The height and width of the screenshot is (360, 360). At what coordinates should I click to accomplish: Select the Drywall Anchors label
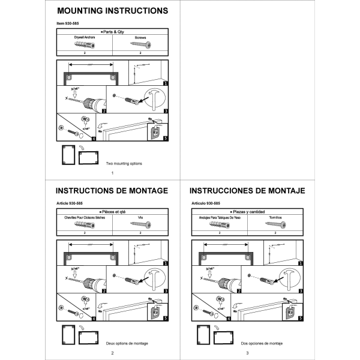coord(85,37)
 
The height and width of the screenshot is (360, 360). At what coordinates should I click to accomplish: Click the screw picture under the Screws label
coord(140,44)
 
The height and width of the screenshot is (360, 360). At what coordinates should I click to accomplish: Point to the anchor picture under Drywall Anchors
coord(85,44)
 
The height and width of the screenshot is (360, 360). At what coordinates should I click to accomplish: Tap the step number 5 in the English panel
coord(165,137)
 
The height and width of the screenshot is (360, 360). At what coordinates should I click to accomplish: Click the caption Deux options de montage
coord(127,343)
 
